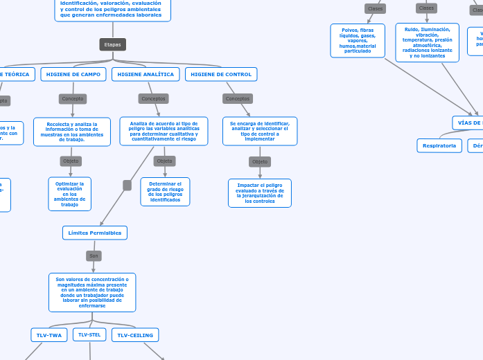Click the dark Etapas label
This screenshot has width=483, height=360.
click(112, 44)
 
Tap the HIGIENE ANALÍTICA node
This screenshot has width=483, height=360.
click(146, 74)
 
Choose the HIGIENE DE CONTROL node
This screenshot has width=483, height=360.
click(221, 74)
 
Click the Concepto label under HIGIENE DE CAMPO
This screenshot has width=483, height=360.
click(73, 99)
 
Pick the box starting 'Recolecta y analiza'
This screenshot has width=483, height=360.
click(72, 132)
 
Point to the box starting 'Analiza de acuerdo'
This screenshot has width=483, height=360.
click(164, 131)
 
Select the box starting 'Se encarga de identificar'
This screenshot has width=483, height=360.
click(260, 131)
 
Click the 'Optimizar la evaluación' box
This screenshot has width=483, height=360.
click(69, 194)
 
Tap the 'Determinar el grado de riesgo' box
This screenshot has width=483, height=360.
click(165, 192)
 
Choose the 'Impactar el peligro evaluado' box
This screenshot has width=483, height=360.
click(260, 193)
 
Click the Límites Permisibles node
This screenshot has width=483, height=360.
click(95, 233)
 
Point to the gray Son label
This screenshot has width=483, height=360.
click(94, 256)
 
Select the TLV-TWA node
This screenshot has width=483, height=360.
click(49, 335)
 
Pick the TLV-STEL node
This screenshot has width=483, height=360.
click(89, 334)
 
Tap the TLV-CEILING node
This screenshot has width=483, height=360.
click(135, 335)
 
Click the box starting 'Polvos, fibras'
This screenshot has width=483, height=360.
click(358, 40)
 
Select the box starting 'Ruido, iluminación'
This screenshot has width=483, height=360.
click(427, 42)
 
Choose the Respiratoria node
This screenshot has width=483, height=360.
click(439, 145)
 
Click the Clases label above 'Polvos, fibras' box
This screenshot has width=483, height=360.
click(376, 8)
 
